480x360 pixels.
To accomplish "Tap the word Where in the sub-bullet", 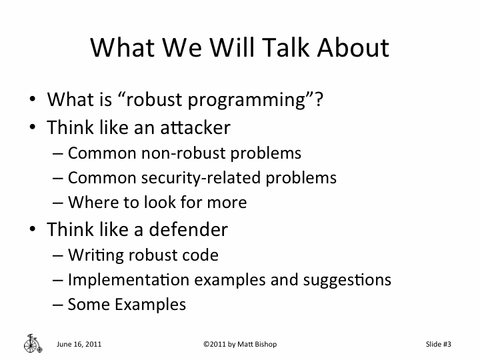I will click(x=89, y=203).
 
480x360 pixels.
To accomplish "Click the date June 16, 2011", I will click(x=79, y=344).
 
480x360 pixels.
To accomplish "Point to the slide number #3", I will click(x=447, y=344).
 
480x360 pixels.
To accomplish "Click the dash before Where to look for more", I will click(x=58, y=203).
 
